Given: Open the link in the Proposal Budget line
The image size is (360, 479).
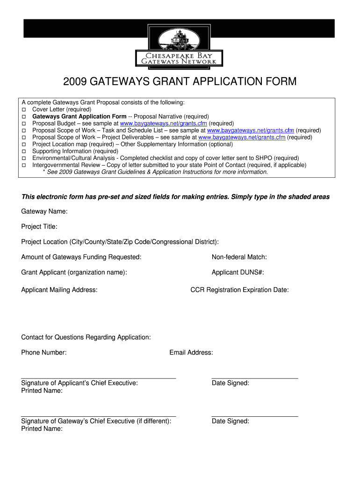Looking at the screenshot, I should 163,123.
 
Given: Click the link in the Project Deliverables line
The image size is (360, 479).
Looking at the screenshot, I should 242,138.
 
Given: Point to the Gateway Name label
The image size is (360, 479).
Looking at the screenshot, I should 44,211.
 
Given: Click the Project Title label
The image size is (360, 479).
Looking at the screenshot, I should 39,227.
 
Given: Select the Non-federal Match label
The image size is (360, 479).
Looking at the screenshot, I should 239,257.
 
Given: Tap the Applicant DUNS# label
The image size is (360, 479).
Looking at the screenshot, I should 238,272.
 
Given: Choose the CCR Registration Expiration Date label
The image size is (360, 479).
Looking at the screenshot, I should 239,290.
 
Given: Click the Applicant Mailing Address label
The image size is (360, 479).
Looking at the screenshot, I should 59,290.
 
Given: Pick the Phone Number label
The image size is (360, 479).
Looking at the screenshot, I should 44,352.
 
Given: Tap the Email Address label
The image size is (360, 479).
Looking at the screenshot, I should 191,352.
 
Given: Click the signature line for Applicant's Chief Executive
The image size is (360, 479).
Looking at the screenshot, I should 98,377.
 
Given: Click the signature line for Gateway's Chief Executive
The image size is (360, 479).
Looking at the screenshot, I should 98,415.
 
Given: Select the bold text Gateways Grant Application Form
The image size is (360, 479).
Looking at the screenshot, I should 79,116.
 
